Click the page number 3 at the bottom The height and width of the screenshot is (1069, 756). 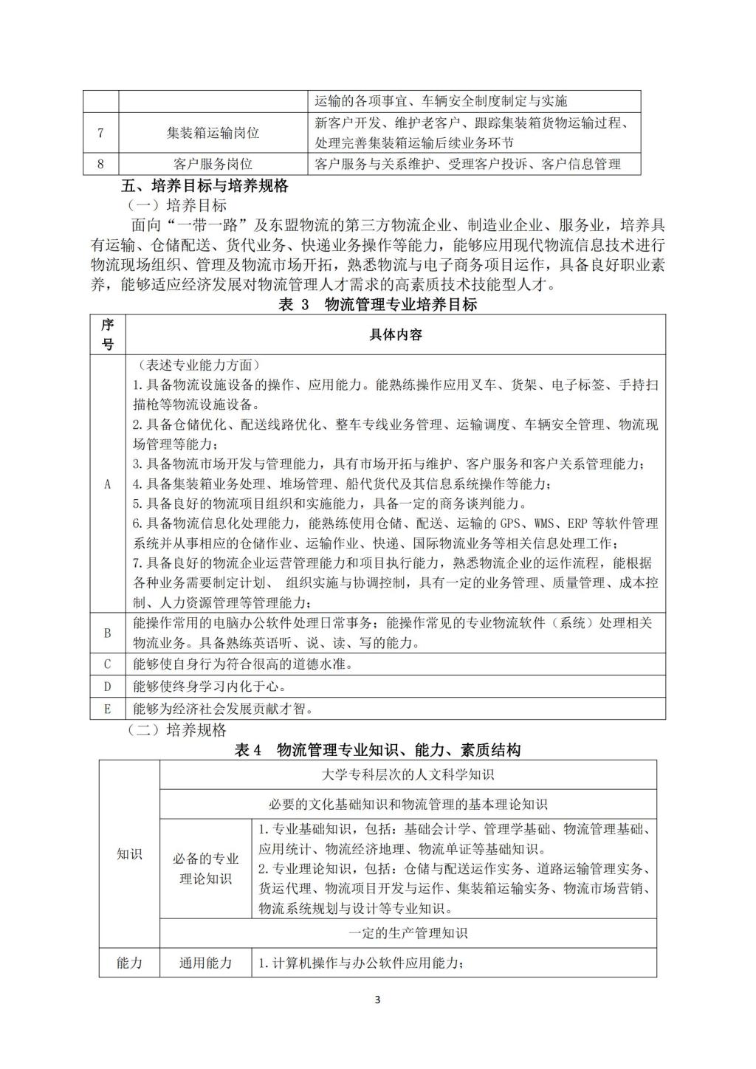click(377, 1000)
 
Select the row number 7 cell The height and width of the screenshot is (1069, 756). click(100, 133)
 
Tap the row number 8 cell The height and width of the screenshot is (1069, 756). click(100, 164)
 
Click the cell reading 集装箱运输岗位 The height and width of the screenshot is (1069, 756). click(213, 133)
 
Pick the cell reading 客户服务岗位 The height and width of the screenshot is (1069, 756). click(213, 164)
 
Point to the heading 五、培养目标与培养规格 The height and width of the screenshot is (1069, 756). click(205, 185)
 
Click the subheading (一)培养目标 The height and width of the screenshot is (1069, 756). click(177, 205)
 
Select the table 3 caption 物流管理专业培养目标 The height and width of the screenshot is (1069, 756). click(377, 304)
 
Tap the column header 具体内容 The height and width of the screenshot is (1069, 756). click(395, 334)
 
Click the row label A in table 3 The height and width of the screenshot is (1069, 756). click(108, 484)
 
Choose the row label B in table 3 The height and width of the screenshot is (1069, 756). click(108, 633)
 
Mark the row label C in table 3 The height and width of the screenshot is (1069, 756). click(108, 664)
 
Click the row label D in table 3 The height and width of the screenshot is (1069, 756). click(108, 687)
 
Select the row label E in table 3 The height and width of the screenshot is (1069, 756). click(108, 709)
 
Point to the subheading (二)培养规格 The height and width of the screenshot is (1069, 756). click(177, 730)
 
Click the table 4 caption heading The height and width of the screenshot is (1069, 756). click(377, 750)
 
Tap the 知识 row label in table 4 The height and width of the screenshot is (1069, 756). click(129, 854)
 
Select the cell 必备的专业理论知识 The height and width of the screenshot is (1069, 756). click(206, 868)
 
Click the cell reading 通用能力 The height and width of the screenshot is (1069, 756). click(206, 963)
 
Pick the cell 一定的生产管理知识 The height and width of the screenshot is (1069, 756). click(408, 933)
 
